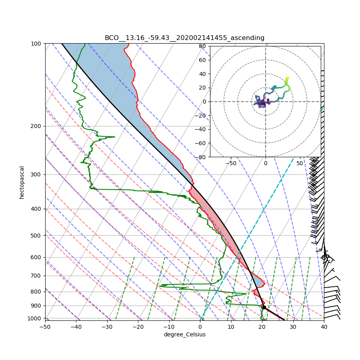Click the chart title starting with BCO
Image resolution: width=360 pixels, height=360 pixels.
click(x=184, y=38)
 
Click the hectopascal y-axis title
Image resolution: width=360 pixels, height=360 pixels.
click(x=22, y=182)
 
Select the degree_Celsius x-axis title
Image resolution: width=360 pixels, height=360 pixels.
click(x=184, y=334)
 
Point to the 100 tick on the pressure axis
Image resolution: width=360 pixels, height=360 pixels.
click(x=36, y=43)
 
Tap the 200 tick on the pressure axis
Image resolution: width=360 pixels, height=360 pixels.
click(x=36, y=126)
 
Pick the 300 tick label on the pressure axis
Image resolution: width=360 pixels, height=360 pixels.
click(x=36, y=174)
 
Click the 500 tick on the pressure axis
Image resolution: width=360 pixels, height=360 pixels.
click(x=36, y=235)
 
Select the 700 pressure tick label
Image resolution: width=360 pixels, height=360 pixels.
click(x=36, y=276)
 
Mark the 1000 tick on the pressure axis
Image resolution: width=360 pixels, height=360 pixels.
click(x=35, y=318)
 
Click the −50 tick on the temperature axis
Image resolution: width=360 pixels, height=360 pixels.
click(x=45, y=327)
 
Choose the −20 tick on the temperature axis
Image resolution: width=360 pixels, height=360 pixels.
click(x=138, y=327)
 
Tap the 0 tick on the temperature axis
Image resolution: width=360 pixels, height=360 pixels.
click(x=200, y=327)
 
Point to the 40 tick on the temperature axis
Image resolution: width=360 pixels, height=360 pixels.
click(x=324, y=327)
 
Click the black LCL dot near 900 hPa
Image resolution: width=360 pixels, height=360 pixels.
click(x=264, y=307)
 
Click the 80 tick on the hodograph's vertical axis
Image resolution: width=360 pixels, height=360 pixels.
click(x=202, y=46)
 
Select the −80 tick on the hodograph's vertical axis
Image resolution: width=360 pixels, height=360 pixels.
click(x=201, y=157)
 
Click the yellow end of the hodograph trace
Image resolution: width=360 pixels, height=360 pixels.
click(x=287, y=78)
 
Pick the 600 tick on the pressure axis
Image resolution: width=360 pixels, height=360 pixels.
click(x=36, y=257)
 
